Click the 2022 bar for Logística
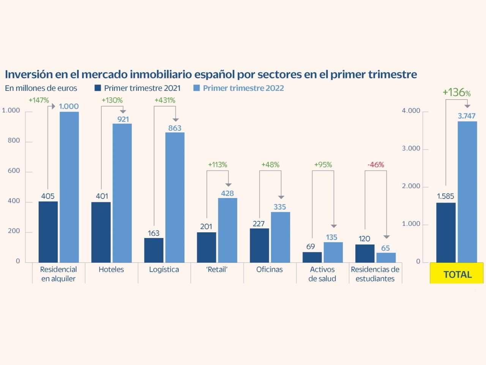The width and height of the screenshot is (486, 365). tap(175, 197)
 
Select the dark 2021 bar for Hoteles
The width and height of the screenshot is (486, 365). tap(101, 232)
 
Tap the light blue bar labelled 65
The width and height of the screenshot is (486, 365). tap(386, 257)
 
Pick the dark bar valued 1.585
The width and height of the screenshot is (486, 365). tap(446, 232)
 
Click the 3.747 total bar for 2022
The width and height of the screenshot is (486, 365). tap(467, 192)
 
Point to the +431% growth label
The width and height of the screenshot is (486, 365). tap(165, 100)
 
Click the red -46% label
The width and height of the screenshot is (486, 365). tap(376, 165)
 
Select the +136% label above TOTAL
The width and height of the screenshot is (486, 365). tap(456, 92)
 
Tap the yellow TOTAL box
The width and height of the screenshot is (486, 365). tap(457, 274)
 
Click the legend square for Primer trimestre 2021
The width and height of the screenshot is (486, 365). tap(98, 88)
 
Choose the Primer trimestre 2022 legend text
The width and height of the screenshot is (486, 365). tap(243, 88)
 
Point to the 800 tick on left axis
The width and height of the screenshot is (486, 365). tap(14, 141)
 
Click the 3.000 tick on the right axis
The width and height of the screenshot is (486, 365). tap(411, 149)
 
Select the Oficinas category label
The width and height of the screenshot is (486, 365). tap(269, 270)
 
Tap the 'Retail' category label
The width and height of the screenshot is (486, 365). tap(217, 270)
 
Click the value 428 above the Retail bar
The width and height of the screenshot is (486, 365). tap(227, 194)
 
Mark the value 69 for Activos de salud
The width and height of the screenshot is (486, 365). tap(311, 247)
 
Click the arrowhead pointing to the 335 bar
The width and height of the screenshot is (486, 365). tap(281, 197)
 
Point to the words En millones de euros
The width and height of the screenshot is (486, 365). tap(41, 88)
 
